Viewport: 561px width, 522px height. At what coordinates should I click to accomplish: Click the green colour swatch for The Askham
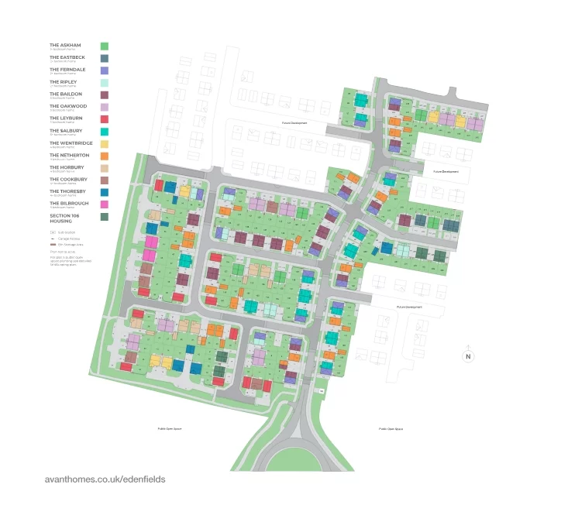pos(105,46)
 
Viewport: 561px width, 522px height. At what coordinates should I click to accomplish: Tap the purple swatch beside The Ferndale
pos(105,70)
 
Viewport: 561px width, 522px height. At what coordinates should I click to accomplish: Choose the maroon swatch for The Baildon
pos(105,94)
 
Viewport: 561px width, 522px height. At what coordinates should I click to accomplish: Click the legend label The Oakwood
pos(68,106)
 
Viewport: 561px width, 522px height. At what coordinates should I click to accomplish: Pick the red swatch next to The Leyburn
pos(105,118)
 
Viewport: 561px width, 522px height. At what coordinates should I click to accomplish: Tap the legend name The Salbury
pos(66,131)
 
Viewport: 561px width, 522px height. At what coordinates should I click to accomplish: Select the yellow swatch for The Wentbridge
pos(105,143)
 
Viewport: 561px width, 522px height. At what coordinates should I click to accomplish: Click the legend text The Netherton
pos(70,155)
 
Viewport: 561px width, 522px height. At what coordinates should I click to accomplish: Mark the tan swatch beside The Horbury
pos(105,167)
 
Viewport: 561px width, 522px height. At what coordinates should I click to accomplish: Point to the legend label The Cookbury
pos(68,179)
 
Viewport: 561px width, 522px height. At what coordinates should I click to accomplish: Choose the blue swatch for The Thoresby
pos(105,191)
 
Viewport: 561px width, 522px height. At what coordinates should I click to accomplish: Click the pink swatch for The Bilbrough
pos(105,204)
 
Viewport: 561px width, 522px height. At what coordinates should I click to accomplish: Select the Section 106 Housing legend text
pos(67,218)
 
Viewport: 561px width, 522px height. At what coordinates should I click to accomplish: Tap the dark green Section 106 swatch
pos(105,217)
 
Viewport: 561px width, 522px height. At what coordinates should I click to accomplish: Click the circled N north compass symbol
pos(468,356)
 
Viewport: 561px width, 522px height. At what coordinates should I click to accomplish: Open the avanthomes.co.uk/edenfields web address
pos(105,479)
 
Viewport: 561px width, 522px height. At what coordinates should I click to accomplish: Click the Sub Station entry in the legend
pos(64,232)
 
